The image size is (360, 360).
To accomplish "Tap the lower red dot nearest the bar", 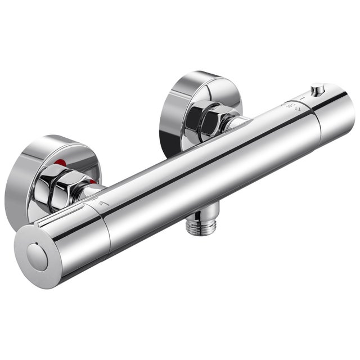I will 92,183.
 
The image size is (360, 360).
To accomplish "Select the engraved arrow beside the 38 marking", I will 296,112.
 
